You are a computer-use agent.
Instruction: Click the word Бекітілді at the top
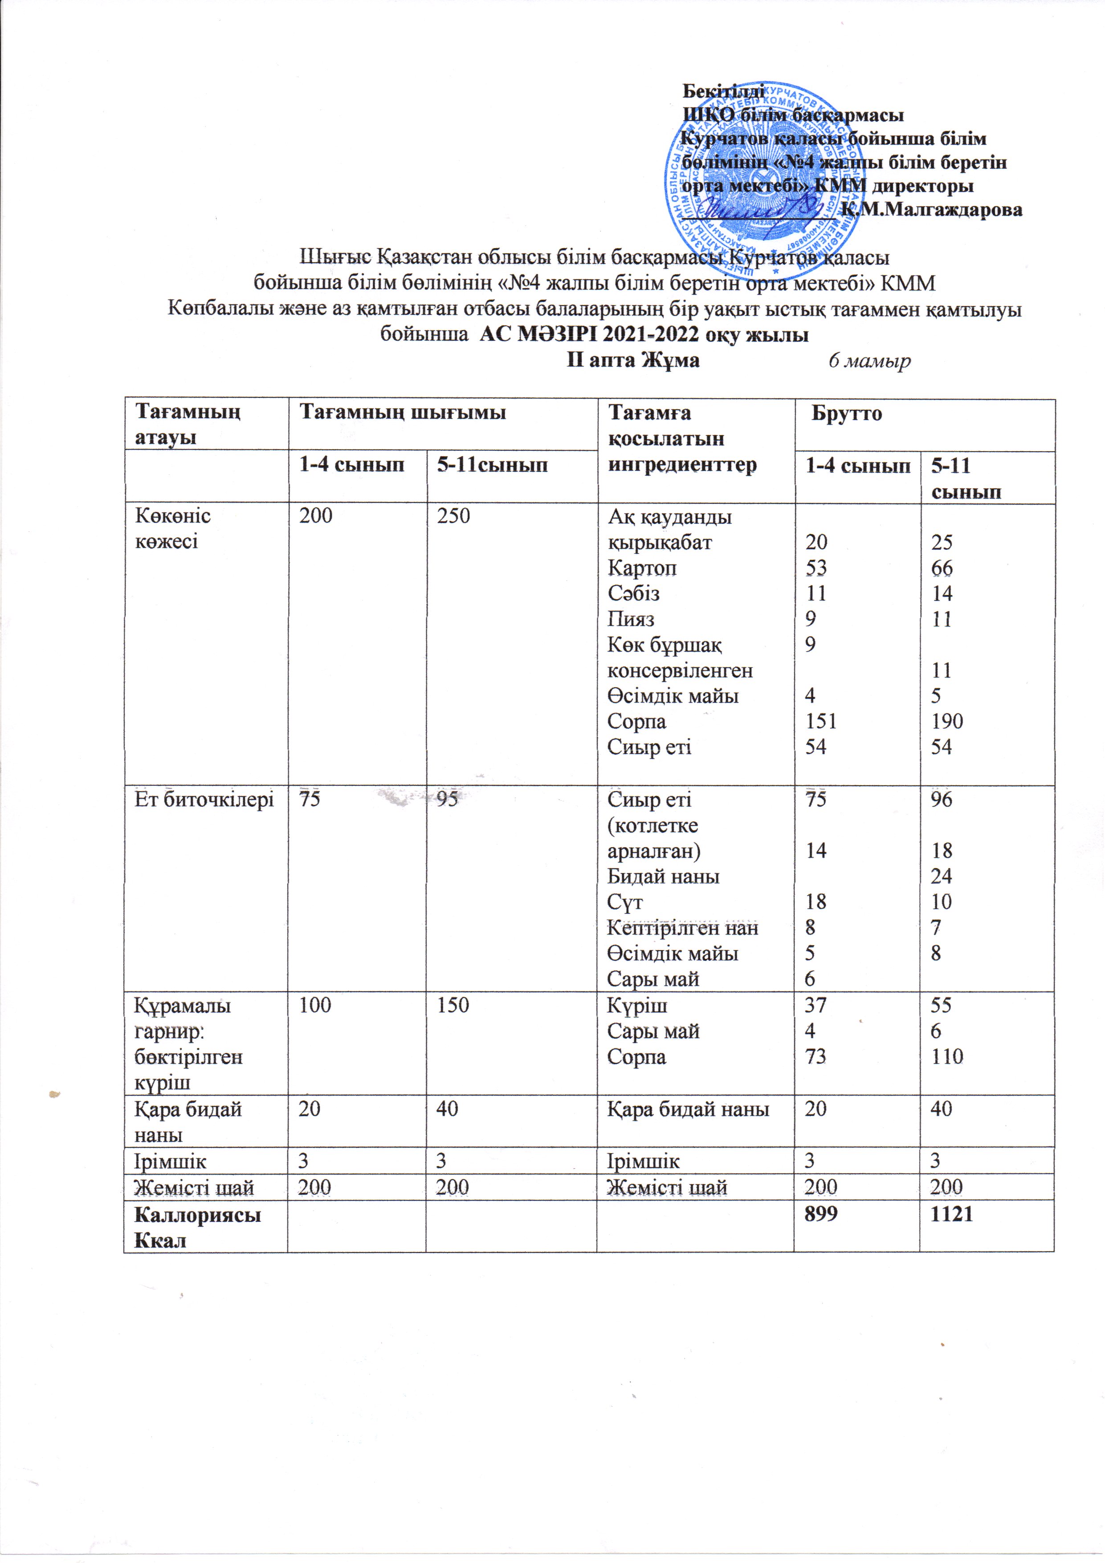click(723, 90)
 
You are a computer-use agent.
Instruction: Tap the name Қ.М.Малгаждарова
click(932, 210)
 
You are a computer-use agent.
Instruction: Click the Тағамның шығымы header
click(403, 412)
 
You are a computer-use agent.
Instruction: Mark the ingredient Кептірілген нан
click(682, 928)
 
